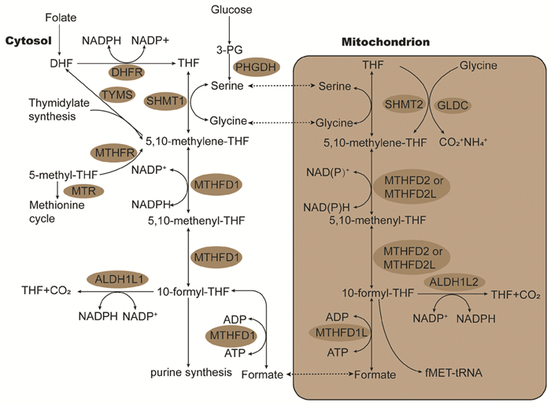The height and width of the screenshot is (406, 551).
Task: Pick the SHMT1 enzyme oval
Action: pos(165,101)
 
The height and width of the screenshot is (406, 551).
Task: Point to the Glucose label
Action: pos(231,9)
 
